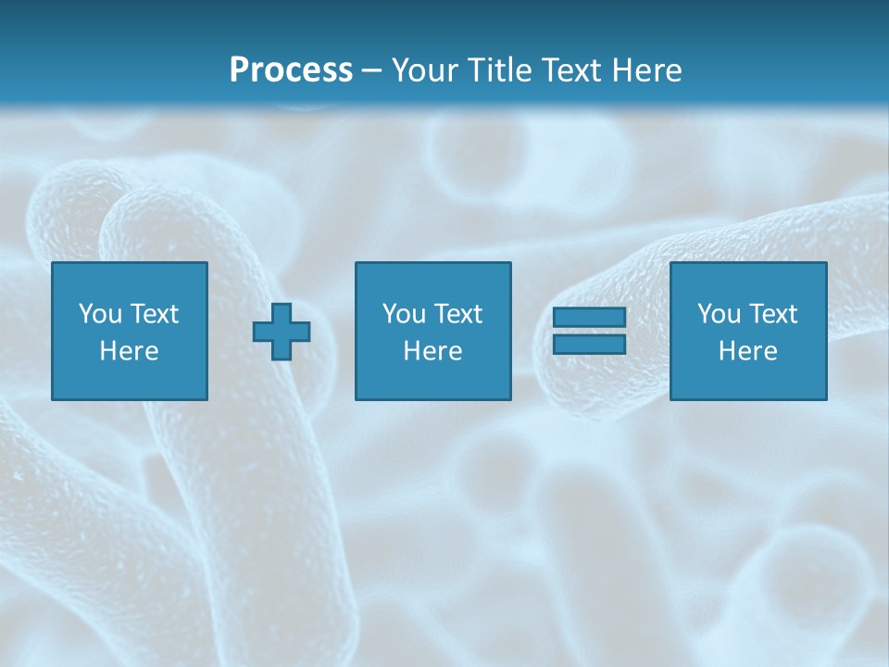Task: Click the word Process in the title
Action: (291, 70)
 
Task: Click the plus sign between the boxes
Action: (282, 331)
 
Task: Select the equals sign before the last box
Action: (589, 331)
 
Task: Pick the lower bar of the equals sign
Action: (589, 344)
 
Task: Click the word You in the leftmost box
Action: (100, 314)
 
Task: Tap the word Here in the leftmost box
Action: (130, 351)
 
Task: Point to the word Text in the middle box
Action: (457, 314)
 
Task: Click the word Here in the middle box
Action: (433, 351)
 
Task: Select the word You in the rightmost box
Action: (719, 314)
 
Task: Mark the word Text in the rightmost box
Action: (772, 314)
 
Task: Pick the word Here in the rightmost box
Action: (748, 351)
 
